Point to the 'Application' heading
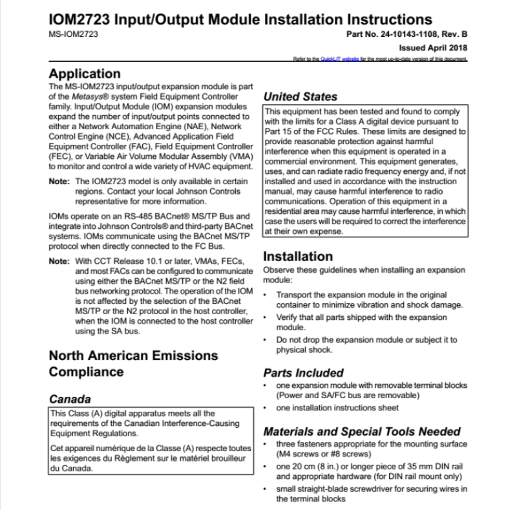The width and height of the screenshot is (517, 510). point(85,74)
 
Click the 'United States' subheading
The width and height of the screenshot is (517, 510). point(300,97)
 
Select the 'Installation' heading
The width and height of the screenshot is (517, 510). point(298,256)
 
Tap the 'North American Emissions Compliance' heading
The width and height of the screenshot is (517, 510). point(134,364)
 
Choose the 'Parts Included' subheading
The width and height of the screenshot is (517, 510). point(303,373)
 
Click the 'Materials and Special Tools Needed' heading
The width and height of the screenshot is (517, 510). point(361,431)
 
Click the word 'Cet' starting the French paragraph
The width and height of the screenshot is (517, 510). point(56,447)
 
